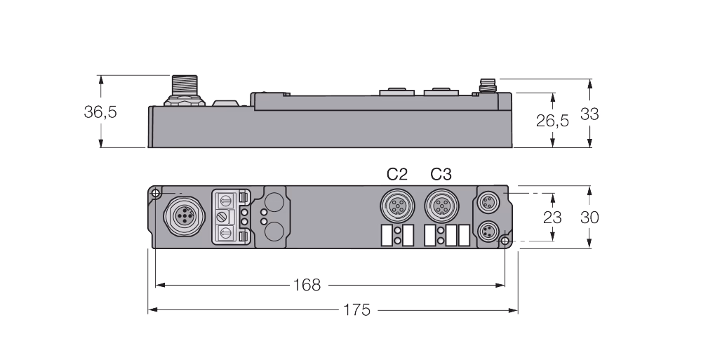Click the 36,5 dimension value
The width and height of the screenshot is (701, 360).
100,112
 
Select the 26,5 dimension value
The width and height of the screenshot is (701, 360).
552,120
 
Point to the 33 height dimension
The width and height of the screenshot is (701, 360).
589,114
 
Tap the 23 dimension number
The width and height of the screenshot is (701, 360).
552,218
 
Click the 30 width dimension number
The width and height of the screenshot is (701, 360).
589,218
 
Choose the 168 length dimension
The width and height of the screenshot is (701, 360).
307,285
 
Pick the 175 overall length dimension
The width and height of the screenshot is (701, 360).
356,309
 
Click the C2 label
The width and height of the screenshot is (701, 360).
397,174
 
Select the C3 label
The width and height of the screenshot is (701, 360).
441,174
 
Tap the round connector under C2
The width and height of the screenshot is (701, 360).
397,206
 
